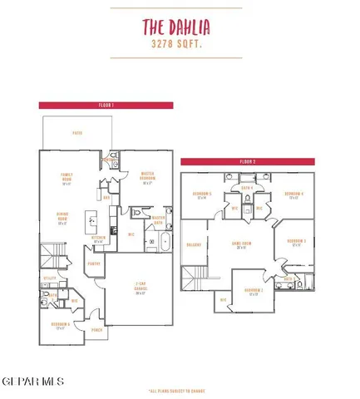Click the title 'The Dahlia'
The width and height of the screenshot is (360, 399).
[x=180, y=24]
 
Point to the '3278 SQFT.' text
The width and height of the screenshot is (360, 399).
[x=180, y=42]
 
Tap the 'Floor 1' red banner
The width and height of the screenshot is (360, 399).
[x=106, y=106]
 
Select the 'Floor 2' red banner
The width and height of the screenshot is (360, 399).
[x=247, y=160]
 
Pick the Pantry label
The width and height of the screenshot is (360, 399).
[x=95, y=264]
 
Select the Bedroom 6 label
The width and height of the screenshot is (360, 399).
[x=58, y=325]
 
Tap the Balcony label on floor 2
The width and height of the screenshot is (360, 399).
[x=195, y=244]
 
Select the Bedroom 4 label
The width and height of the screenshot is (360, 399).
[x=293, y=196]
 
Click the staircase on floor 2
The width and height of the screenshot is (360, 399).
[x=199, y=274]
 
